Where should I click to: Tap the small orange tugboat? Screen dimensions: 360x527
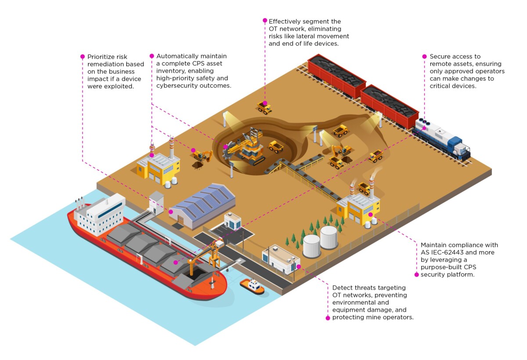(252, 286)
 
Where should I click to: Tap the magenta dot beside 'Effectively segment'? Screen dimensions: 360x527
(265, 20)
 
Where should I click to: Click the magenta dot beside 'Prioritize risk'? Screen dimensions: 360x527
(82, 57)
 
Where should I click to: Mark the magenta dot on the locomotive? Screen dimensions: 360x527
(424, 129)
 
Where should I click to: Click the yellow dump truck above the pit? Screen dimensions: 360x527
(264, 107)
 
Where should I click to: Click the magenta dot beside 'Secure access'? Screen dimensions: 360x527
(424, 56)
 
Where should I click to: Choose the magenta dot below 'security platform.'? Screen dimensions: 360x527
(416, 274)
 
